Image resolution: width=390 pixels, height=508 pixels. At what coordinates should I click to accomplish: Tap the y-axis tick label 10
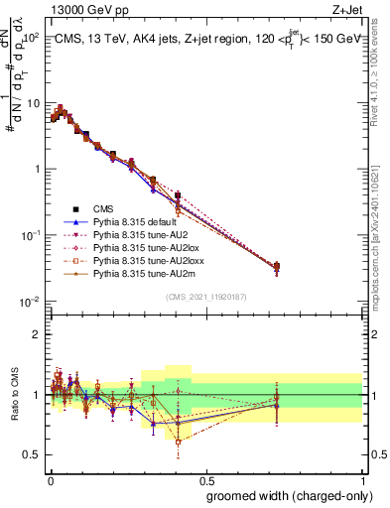(32, 103)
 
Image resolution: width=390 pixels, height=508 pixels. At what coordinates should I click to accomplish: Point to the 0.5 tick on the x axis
(204, 479)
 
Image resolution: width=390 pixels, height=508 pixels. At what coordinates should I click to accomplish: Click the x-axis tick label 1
(361, 479)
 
